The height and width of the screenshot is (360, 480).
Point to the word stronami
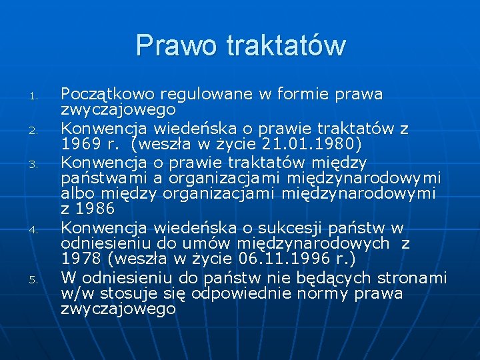pyautogui.click(x=411, y=277)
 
